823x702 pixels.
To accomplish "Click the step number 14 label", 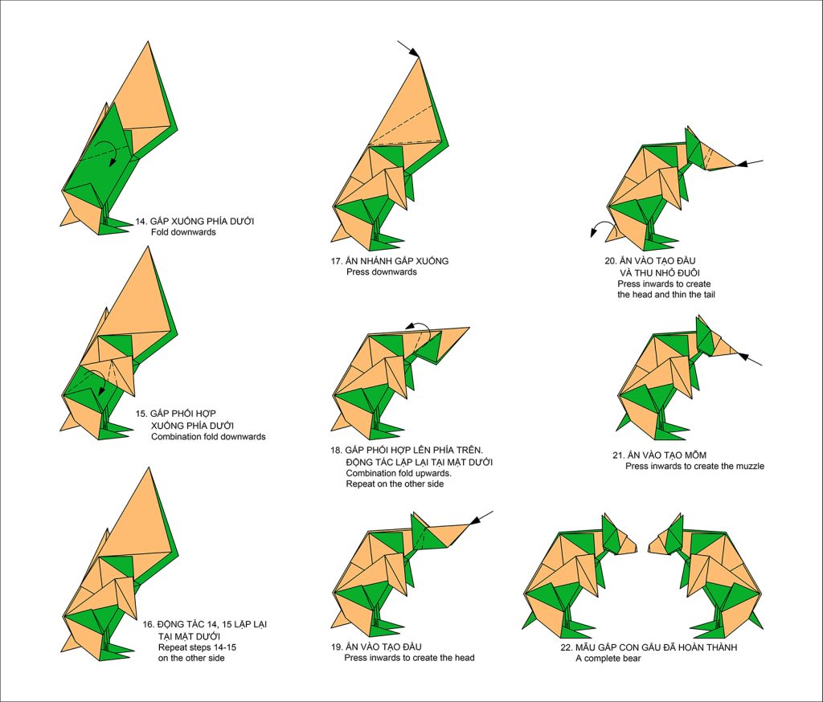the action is pyautogui.click(x=141, y=222).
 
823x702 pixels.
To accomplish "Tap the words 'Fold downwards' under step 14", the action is pyautogui.click(x=183, y=232).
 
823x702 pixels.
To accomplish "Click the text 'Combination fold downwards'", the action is pyautogui.click(x=208, y=436).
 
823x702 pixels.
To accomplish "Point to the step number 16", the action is pyautogui.click(x=148, y=624).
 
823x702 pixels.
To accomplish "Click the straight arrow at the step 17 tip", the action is pyautogui.click(x=408, y=48).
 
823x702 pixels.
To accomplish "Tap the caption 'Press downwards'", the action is pyautogui.click(x=382, y=271).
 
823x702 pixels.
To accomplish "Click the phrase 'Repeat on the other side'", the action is pyautogui.click(x=395, y=484).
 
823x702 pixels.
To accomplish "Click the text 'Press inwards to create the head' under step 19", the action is pyautogui.click(x=409, y=657).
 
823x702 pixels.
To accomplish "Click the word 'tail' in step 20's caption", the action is pyautogui.click(x=707, y=294).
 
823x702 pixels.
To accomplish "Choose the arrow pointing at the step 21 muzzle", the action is pyautogui.click(x=750, y=359).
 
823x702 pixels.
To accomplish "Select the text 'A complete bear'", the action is pyautogui.click(x=608, y=658).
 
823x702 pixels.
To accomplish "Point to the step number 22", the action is pyautogui.click(x=566, y=647).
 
